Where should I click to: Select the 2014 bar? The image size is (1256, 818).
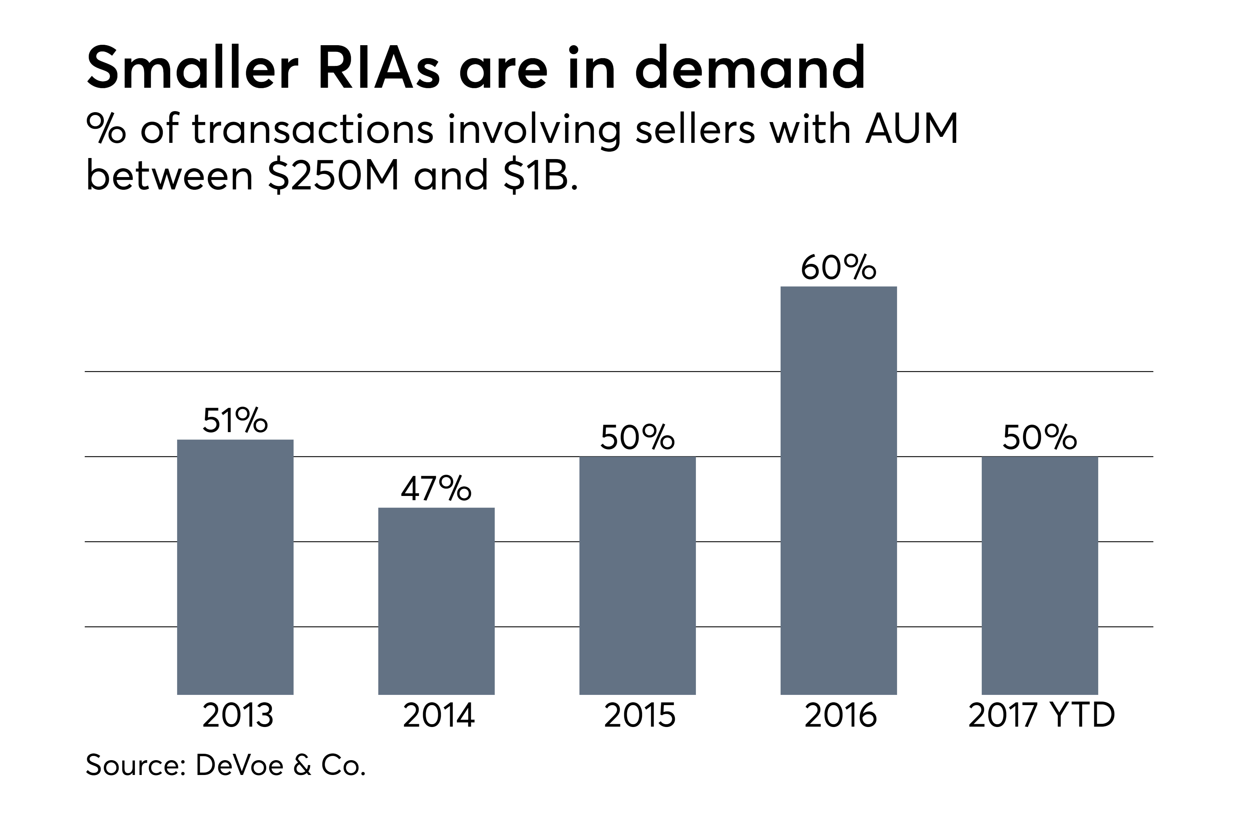pyautogui.click(x=437, y=601)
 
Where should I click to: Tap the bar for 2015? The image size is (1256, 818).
pyautogui.click(x=637, y=575)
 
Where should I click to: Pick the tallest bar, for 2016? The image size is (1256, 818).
pyautogui.click(x=839, y=491)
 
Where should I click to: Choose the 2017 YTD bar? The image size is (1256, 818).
pyautogui.click(x=1040, y=575)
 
